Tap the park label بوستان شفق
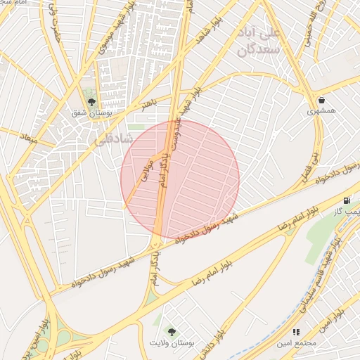(90, 112)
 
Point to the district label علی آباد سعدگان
(260, 42)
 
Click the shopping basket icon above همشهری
(321, 100)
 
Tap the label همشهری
(321, 111)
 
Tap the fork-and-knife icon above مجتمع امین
(296, 332)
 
